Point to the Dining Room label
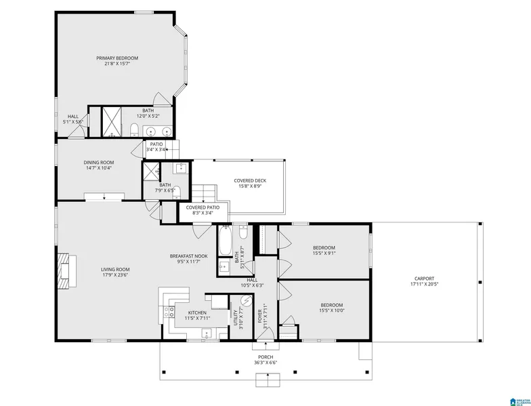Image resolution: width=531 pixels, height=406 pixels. [x=98, y=162]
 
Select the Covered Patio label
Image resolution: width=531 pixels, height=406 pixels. [x=203, y=207]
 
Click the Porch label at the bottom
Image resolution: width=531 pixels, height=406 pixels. [x=265, y=357]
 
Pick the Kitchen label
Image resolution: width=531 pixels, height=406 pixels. [x=196, y=312]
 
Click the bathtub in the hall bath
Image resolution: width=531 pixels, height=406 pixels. [x=225, y=240]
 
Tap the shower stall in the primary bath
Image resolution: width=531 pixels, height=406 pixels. [x=110, y=121]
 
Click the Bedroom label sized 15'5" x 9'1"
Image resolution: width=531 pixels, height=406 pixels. [x=323, y=248]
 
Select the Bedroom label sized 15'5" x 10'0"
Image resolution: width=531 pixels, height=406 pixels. [x=331, y=305]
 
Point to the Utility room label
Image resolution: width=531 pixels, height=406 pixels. [x=236, y=317]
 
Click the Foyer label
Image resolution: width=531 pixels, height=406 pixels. [x=259, y=317]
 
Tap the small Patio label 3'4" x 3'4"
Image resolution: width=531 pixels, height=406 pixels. [x=156, y=144]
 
